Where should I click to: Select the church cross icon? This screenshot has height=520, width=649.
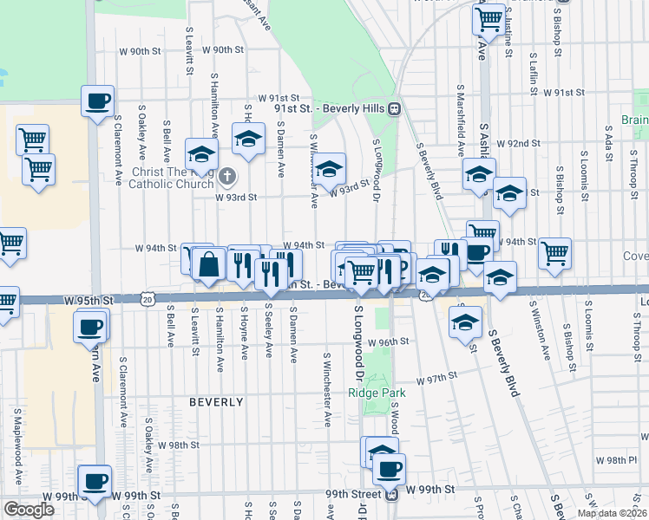pyautogui.click(x=226, y=177)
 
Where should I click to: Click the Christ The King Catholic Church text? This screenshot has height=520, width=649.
pyautogui.click(x=173, y=177)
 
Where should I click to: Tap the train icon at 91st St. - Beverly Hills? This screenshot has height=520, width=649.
pyautogui.click(x=394, y=109)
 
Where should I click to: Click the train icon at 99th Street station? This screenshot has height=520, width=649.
pyautogui.click(x=391, y=494)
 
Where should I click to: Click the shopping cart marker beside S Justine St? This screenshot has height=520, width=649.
pyautogui.click(x=490, y=17)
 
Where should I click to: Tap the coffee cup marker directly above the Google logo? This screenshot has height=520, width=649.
pyautogui.click(x=95, y=481)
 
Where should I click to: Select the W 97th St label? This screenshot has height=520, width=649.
pyautogui.click(x=436, y=380)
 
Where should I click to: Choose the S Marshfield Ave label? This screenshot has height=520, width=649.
pyautogui.click(x=461, y=121)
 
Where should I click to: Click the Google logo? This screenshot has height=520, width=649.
pyautogui.click(x=29, y=509)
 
